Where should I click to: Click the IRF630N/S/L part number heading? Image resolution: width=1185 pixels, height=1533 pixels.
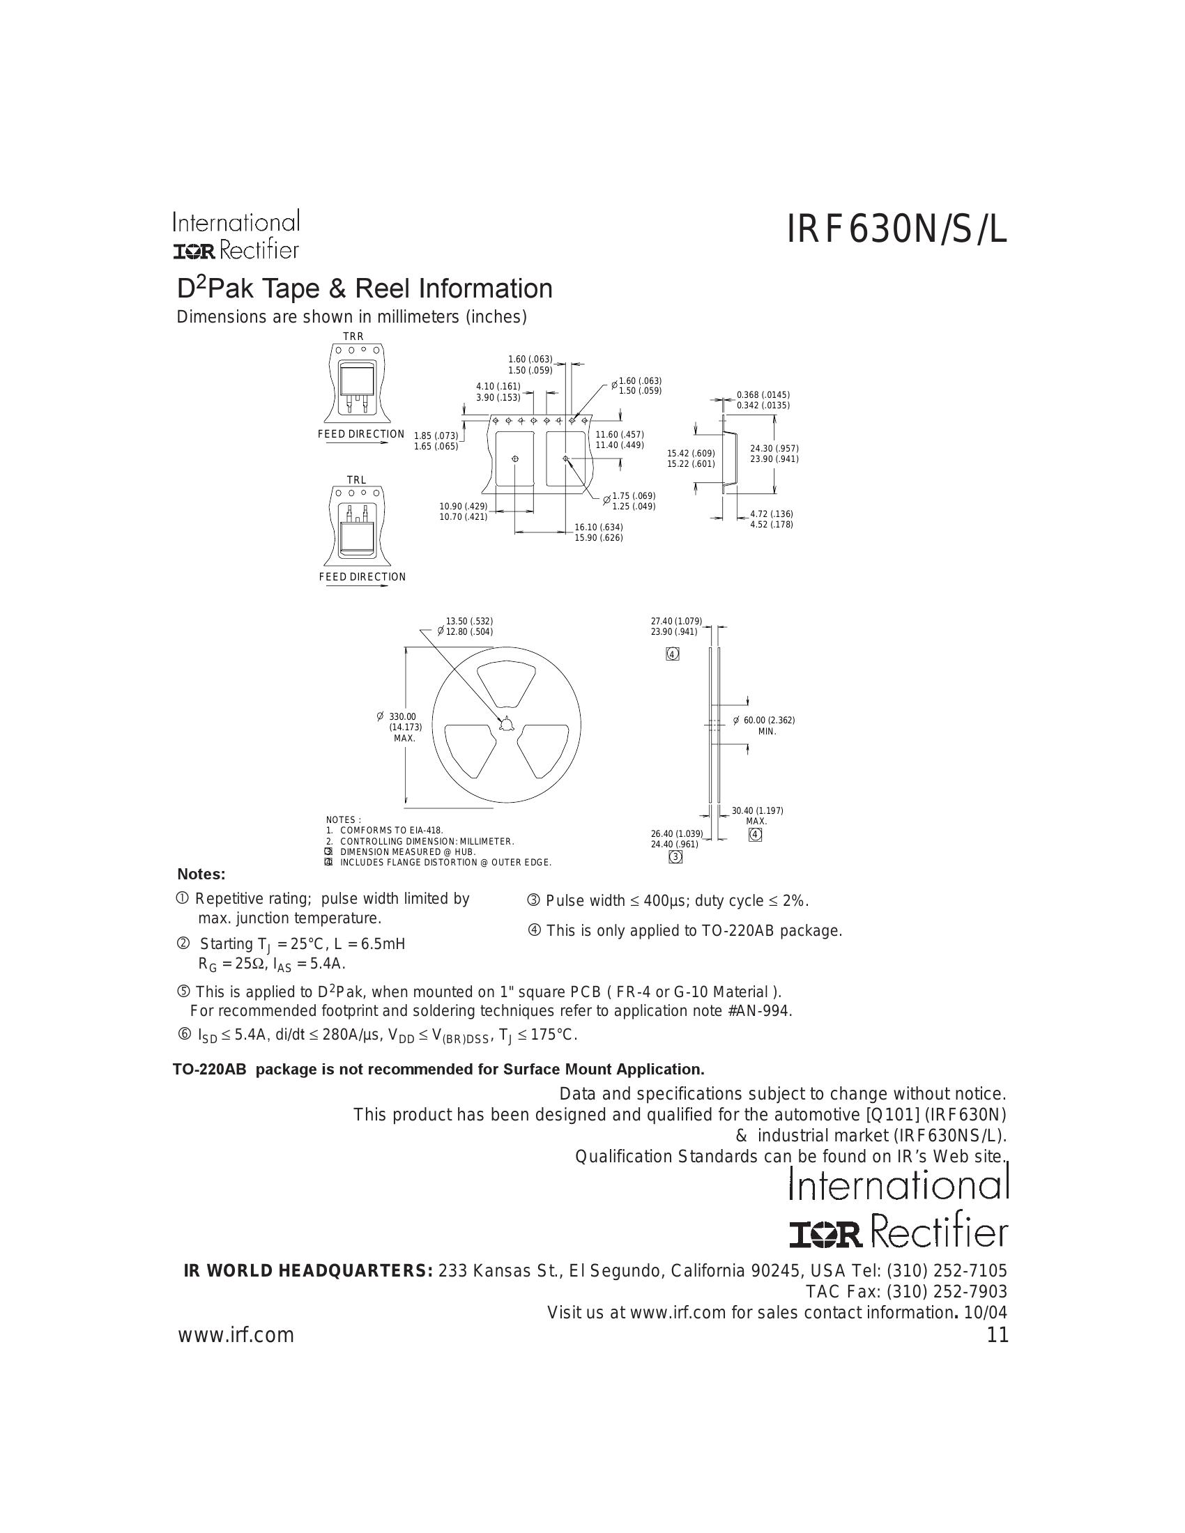[x=896, y=231]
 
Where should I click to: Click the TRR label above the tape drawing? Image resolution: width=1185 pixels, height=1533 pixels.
[x=353, y=337]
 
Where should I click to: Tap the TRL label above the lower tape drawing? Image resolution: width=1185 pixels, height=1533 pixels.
[x=356, y=480]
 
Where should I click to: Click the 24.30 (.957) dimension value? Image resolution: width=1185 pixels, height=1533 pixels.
[x=774, y=449]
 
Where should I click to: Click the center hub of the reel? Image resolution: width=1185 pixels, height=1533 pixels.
[x=506, y=724]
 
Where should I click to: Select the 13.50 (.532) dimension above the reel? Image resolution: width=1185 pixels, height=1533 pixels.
[x=469, y=621]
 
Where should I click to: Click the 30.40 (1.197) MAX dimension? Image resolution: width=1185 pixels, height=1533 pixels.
[x=757, y=810]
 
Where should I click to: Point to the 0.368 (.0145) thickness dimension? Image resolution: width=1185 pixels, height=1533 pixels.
[x=763, y=395]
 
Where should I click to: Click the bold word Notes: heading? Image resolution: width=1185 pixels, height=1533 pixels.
[x=201, y=874]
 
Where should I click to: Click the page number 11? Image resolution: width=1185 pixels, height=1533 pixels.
[x=997, y=1335]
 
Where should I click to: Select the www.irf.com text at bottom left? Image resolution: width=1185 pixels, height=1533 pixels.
[x=236, y=1335]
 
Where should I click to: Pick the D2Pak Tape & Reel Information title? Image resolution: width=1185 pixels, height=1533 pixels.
[x=364, y=288]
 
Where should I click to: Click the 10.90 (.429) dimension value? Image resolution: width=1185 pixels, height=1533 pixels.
[x=463, y=507]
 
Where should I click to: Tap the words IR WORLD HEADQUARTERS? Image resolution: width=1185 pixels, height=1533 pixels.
[x=307, y=1271]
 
